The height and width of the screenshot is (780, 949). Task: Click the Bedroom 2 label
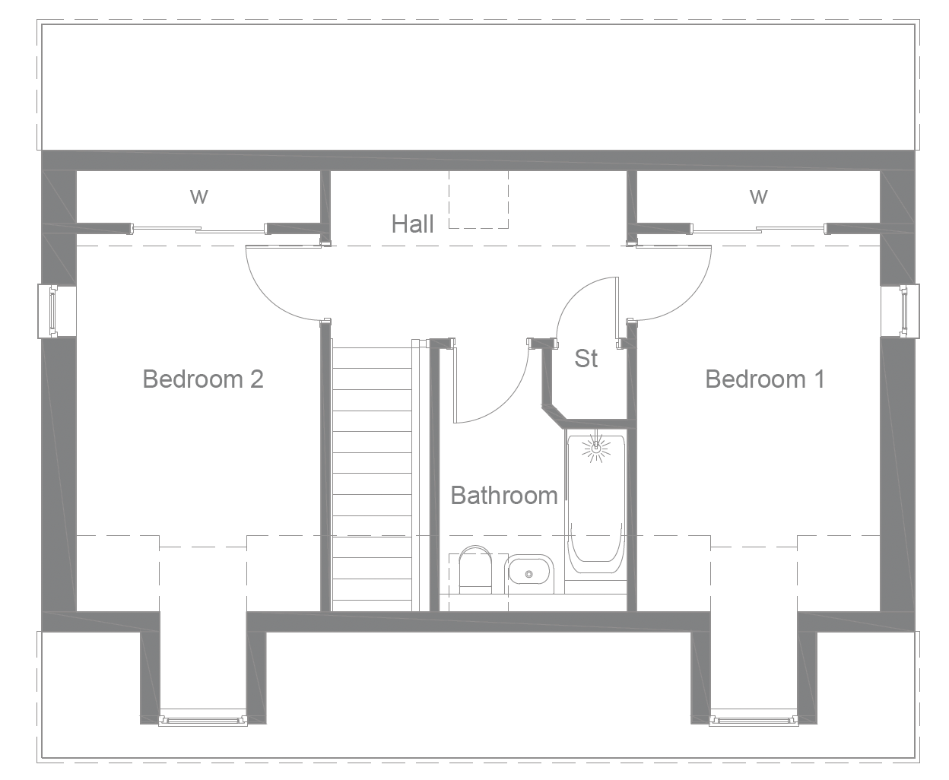[203, 379]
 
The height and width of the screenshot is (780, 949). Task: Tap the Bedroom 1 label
[764, 379]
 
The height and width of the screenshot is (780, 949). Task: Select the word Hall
[412, 224]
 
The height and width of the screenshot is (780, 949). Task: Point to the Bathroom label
[504, 496]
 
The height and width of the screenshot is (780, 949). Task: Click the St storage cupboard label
[586, 359]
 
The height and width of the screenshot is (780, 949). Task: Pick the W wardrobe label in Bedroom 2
[198, 197]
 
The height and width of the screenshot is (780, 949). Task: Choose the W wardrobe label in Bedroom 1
[758, 197]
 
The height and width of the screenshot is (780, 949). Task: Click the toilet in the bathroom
[476, 569]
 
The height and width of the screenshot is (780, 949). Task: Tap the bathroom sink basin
[529, 571]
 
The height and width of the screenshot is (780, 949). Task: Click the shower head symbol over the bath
[596, 449]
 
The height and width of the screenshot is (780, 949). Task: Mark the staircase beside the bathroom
[372, 479]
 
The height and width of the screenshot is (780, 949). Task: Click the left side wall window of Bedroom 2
[52, 310]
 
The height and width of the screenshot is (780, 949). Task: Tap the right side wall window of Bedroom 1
[904, 310]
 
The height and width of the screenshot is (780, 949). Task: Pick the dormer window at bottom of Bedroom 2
[203, 718]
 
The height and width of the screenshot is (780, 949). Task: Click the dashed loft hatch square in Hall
[478, 199]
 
